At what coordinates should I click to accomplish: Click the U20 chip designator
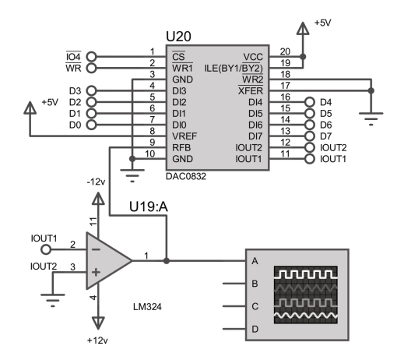tap(178, 37)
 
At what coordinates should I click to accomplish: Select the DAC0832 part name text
tap(186, 176)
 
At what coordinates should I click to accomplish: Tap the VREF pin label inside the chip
tap(184, 136)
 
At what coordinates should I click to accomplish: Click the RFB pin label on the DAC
tap(181, 147)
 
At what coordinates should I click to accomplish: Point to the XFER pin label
tap(251, 90)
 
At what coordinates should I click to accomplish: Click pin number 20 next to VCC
tap(285, 51)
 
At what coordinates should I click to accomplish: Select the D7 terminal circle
tap(310, 136)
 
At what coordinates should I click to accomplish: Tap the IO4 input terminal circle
tap(91, 57)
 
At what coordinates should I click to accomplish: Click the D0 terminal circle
tap(91, 125)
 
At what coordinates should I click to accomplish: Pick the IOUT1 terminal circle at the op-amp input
tap(46, 249)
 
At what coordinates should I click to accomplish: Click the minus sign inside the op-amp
tap(96, 249)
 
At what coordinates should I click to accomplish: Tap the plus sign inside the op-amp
tap(96, 272)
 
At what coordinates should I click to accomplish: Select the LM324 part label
tap(147, 307)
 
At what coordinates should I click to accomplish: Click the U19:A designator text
tap(149, 207)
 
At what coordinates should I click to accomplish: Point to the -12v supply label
tap(96, 182)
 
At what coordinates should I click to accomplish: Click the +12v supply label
tap(97, 341)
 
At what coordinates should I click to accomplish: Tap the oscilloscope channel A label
tap(255, 261)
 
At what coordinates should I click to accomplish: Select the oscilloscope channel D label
tap(255, 329)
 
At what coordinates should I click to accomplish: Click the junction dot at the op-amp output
tap(167, 260)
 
